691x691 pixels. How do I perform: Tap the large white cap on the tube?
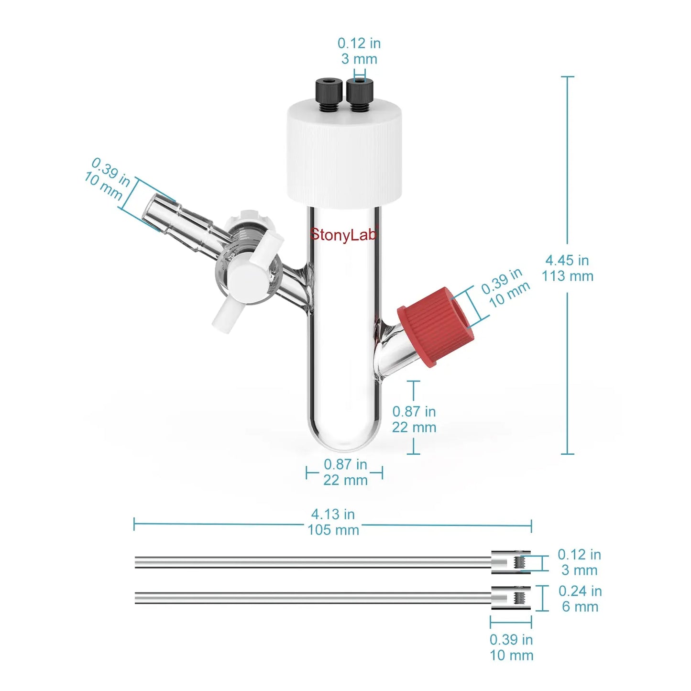[x=345, y=154]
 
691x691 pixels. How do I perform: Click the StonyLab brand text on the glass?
[x=343, y=235]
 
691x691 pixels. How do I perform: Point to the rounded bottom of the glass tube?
[x=344, y=438]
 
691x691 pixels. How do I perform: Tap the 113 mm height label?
[x=568, y=276]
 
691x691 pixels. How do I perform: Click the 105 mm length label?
[x=333, y=530]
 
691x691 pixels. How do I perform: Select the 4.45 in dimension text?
[x=567, y=260]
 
